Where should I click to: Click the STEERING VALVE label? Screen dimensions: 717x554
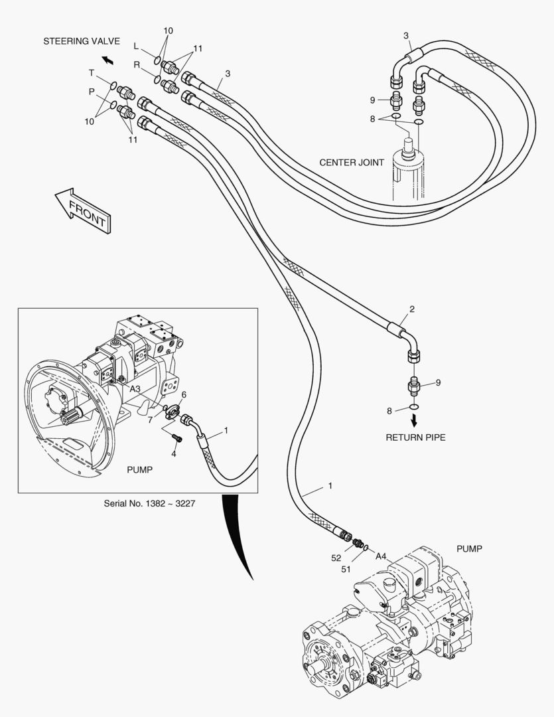click(x=82, y=41)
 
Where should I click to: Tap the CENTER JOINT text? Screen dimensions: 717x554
click(x=352, y=163)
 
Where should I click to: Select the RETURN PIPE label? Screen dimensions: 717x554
click(x=416, y=438)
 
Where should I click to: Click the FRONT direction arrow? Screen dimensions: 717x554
click(x=82, y=207)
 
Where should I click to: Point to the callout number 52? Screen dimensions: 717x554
click(x=336, y=558)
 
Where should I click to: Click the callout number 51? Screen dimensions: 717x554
click(x=345, y=569)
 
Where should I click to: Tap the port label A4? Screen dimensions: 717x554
click(x=381, y=556)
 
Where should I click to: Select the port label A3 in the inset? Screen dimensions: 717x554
click(x=135, y=388)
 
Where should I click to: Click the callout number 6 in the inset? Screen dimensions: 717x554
click(x=184, y=394)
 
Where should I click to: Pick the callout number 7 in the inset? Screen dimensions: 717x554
click(x=151, y=420)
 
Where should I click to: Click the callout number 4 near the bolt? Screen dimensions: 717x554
click(x=174, y=453)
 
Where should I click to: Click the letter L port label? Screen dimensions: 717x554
click(x=136, y=46)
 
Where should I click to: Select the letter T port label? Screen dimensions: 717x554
click(x=92, y=72)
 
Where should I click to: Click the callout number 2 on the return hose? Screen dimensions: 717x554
click(x=412, y=309)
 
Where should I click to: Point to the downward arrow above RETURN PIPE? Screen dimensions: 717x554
click(x=415, y=420)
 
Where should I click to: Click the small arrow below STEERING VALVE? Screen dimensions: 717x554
click(x=107, y=60)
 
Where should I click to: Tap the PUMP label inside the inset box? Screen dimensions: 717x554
click(x=139, y=469)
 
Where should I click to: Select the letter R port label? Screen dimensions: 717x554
click(x=137, y=64)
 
